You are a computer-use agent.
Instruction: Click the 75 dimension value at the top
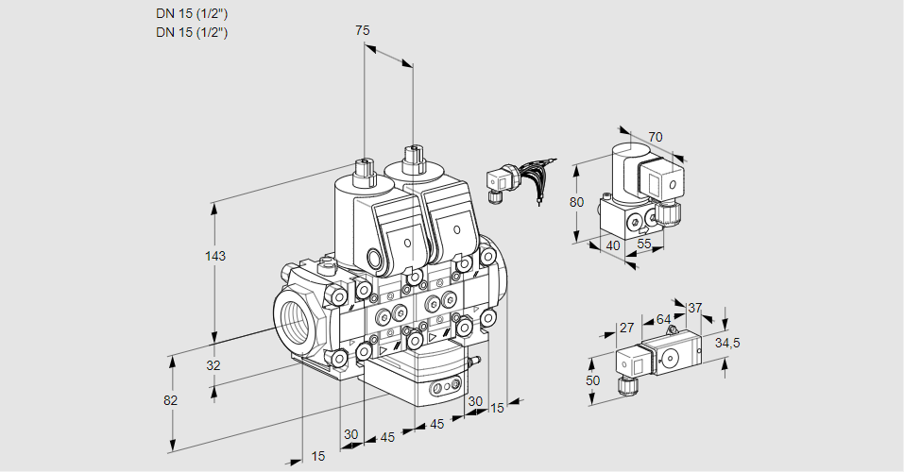tap(362, 30)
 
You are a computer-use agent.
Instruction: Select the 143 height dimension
tap(217, 256)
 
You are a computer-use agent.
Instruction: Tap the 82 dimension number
tap(170, 400)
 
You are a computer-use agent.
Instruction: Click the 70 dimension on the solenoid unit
tap(656, 137)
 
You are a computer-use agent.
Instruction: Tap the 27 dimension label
tap(625, 329)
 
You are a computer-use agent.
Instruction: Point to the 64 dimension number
tap(663, 319)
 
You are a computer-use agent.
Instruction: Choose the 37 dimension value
tap(695, 308)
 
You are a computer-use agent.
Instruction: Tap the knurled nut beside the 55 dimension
tap(670, 212)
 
